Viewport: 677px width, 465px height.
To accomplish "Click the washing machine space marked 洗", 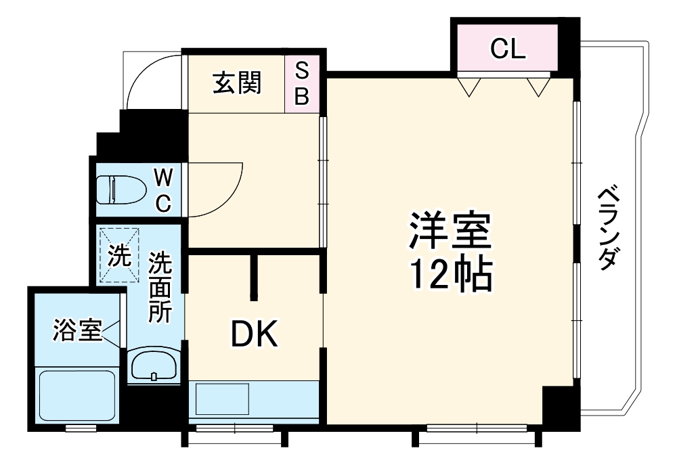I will click(x=120, y=255).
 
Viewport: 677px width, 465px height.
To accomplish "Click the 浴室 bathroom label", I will click(x=77, y=332).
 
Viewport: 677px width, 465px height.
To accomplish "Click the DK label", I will click(x=254, y=334).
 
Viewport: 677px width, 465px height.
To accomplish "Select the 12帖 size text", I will click(x=449, y=274).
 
